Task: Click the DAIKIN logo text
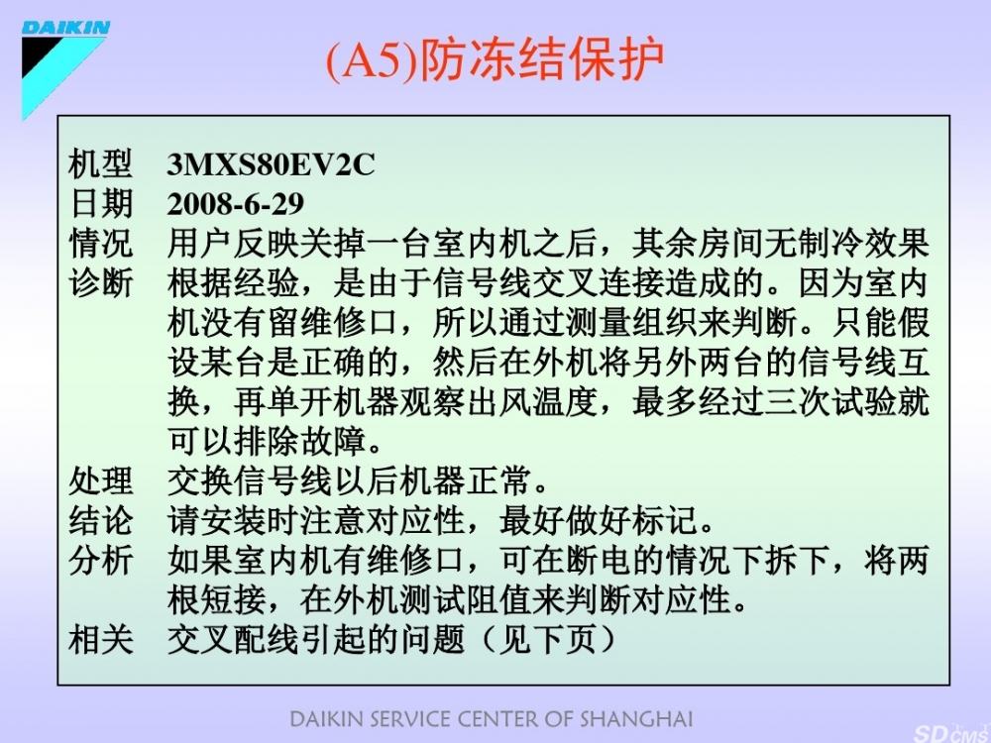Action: [65, 28]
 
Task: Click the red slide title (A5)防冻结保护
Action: [495, 60]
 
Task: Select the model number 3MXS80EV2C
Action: [272, 164]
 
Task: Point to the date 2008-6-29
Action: [236, 203]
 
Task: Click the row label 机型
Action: [100, 164]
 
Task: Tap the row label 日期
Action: [100, 203]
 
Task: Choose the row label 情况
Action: [100, 244]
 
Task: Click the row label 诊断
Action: [100, 283]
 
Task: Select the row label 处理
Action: [100, 481]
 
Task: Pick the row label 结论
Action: [100, 521]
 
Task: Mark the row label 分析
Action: [100, 561]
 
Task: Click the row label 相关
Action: [100, 639]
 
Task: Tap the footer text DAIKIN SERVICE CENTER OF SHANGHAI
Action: [492, 719]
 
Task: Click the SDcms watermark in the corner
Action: [951, 733]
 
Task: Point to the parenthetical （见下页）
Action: [548, 639]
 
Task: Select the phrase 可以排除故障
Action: [267, 442]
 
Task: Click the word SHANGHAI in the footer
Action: [636, 719]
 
